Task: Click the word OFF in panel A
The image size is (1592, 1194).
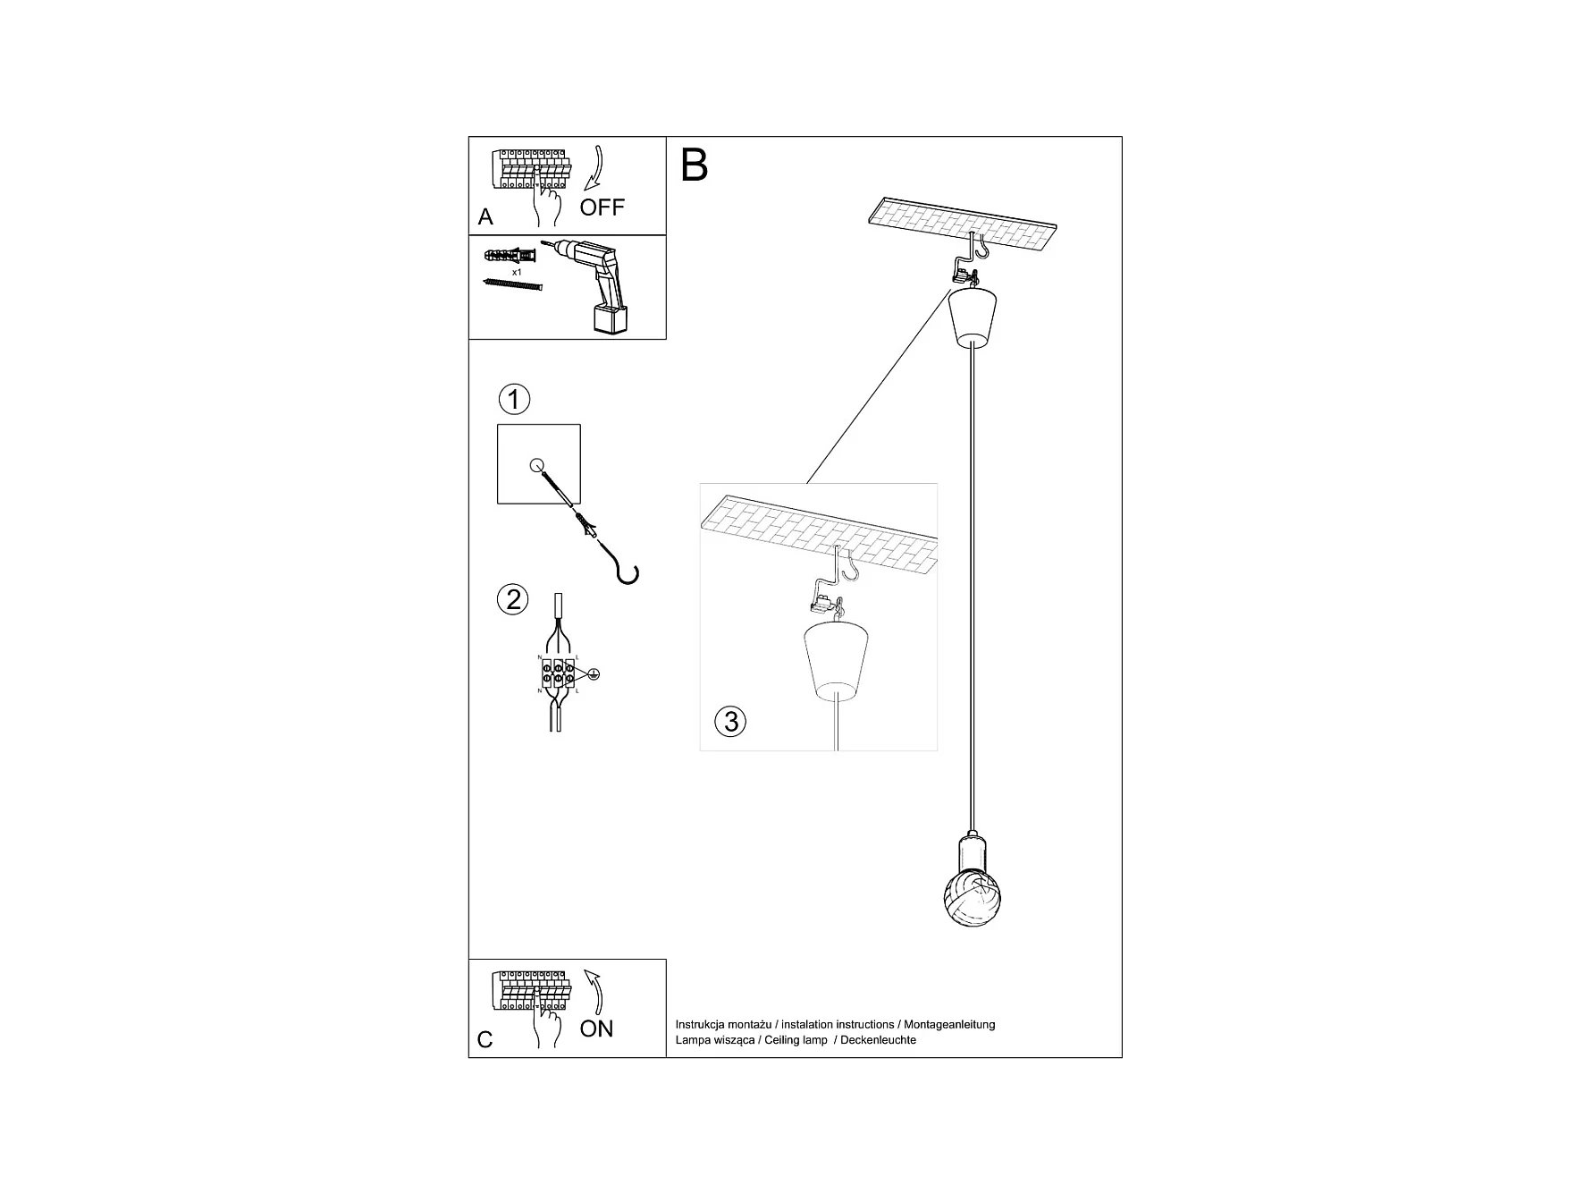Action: click(x=602, y=207)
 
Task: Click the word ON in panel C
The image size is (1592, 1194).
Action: click(x=596, y=1029)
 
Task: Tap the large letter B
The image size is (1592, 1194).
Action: click(x=695, y=165)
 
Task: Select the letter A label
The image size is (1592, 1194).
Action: click(x=485, y=216)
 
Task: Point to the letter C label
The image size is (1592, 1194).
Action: click(x=485, y=1039)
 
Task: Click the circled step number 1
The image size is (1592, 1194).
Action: click(x=513, y=399)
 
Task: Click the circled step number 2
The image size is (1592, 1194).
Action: click(x=513, y=599)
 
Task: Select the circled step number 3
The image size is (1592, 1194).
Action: click(x=731, y=721)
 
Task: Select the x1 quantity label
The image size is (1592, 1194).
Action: click(x=517, y=271)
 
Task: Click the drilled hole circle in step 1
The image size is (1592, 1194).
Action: click(x=536, y=464)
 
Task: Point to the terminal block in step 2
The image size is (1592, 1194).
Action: click(x=558, y=673)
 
